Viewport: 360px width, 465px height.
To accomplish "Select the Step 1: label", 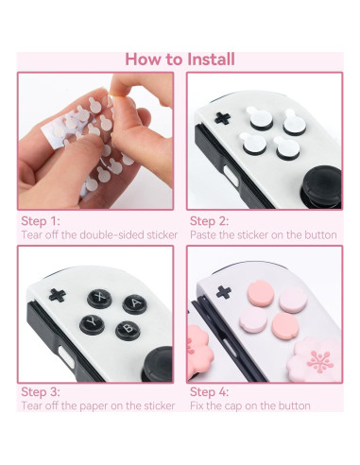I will pos(41,219).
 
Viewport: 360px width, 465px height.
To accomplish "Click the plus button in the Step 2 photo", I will pos(223,118).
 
